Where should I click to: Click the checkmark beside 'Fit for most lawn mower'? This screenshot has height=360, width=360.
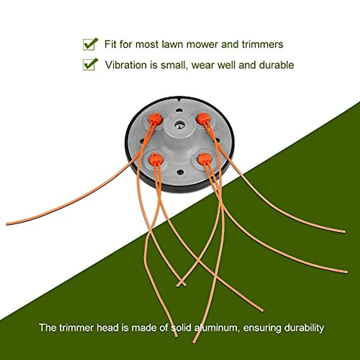tap(90, 44)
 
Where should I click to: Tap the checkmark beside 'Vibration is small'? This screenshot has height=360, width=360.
tap(90, 64)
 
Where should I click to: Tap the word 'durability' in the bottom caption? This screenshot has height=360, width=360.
tap(304, 328)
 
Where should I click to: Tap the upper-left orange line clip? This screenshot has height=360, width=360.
tap(155, 119)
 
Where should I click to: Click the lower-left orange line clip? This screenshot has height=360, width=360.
tap(155, 159)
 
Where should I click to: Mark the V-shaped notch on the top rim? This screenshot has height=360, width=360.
tap(179, 98)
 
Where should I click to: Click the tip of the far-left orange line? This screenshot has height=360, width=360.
tap(7, 223)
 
